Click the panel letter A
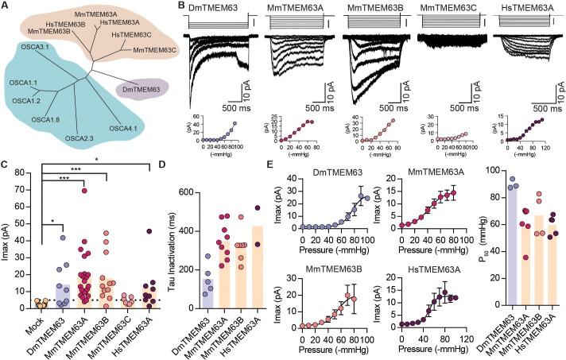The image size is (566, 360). coord(6,6)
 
